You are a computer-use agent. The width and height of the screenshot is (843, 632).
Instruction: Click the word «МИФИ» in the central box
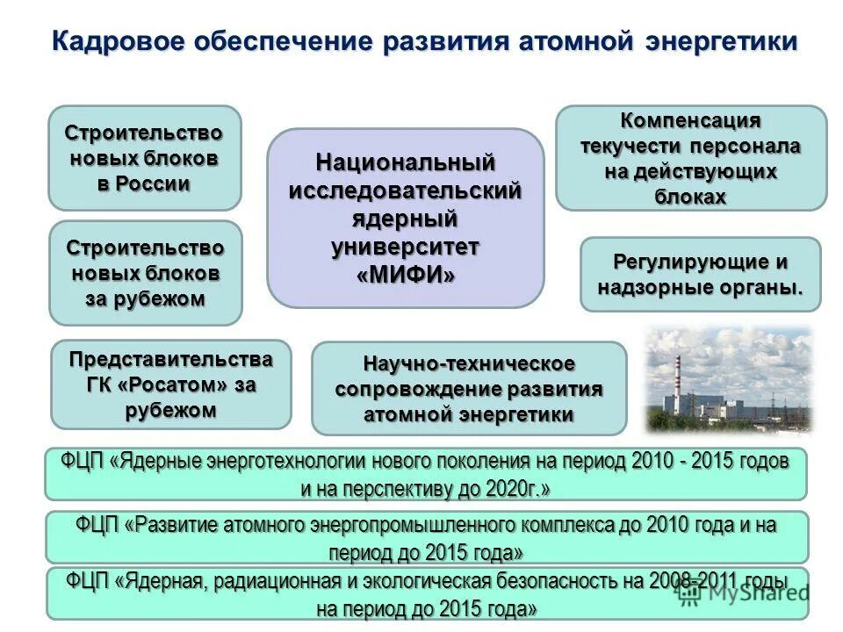[x=406, y=275]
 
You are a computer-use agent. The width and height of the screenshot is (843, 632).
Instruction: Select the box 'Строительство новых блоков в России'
[x=144, y=158]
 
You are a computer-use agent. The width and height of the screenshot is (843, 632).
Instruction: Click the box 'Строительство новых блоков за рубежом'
[x=145, y=273]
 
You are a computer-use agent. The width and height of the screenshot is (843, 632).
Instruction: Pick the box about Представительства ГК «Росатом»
[x=170, y=384]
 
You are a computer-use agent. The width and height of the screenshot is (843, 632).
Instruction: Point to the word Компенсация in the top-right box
[x=690, y=120]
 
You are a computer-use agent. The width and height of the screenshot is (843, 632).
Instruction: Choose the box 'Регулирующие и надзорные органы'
[x=700, y=274]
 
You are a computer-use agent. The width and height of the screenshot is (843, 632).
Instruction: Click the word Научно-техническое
[x=469, y=363]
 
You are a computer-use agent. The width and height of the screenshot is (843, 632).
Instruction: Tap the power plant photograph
[x=730, y=380]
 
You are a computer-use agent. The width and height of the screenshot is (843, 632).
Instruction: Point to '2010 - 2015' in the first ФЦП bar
[x=681, y=461]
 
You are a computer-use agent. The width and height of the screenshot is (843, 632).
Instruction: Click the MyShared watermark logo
[x=743, y=592]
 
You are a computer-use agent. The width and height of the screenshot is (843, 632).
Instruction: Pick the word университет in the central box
[x=406, y=247]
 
